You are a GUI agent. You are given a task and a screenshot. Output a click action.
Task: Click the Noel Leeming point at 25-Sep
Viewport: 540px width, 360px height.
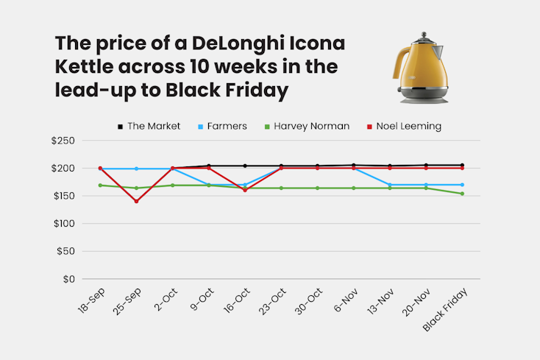click(136, 201)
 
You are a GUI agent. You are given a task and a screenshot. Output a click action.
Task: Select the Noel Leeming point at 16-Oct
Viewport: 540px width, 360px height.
click(245, 190)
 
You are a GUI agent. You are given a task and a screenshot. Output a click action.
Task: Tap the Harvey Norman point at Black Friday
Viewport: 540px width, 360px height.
click(463, 194)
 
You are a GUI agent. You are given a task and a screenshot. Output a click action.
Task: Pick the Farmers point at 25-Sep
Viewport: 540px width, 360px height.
click(136, 169)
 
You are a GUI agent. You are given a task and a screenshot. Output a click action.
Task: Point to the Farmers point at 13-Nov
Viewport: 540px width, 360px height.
click(390, 185)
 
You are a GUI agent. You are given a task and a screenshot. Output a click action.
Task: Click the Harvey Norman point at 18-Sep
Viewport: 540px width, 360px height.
click(100, 185)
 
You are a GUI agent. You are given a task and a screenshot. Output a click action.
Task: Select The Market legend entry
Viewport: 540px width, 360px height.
click(149, 126)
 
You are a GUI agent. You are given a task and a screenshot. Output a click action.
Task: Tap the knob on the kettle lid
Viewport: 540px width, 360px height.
click(423, 35)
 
